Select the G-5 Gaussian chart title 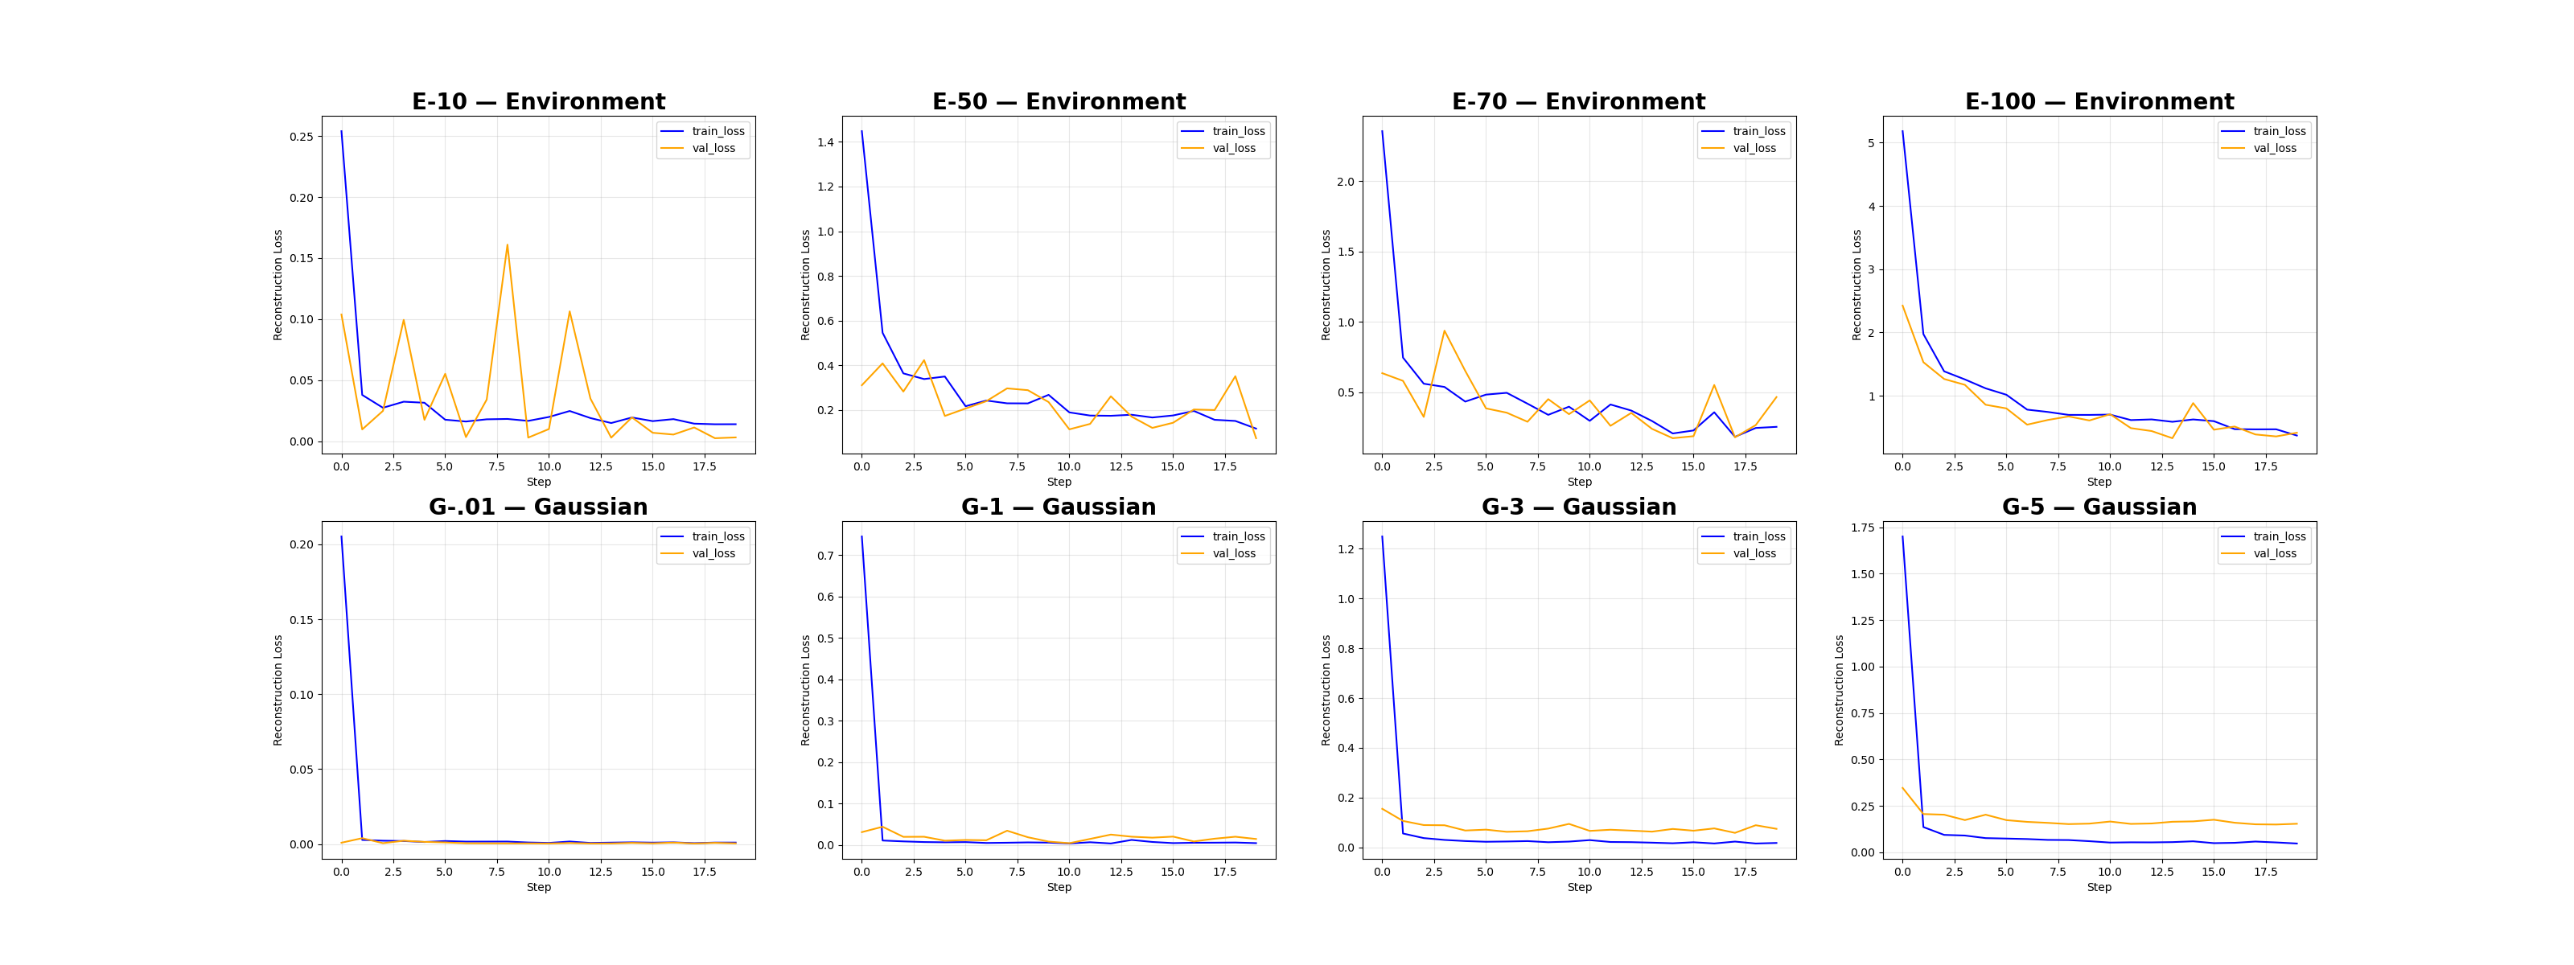[2099, 507]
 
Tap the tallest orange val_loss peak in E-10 [507, 244]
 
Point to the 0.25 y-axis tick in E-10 [301, 137]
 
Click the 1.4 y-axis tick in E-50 [824, 143]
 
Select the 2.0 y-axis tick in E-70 [1345, 182]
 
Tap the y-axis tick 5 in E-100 [1870, 143]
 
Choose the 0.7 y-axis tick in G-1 [824, 556]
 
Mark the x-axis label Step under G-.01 [539, 887]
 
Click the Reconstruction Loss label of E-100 [1856, 285]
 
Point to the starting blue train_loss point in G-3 [1382, 536]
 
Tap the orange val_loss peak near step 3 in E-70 [1444, 331]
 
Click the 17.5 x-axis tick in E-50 [1225, 466]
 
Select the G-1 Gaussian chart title [1059, 507]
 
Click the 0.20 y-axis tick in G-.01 [301, 544]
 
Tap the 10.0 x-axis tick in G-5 [2109, 872]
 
